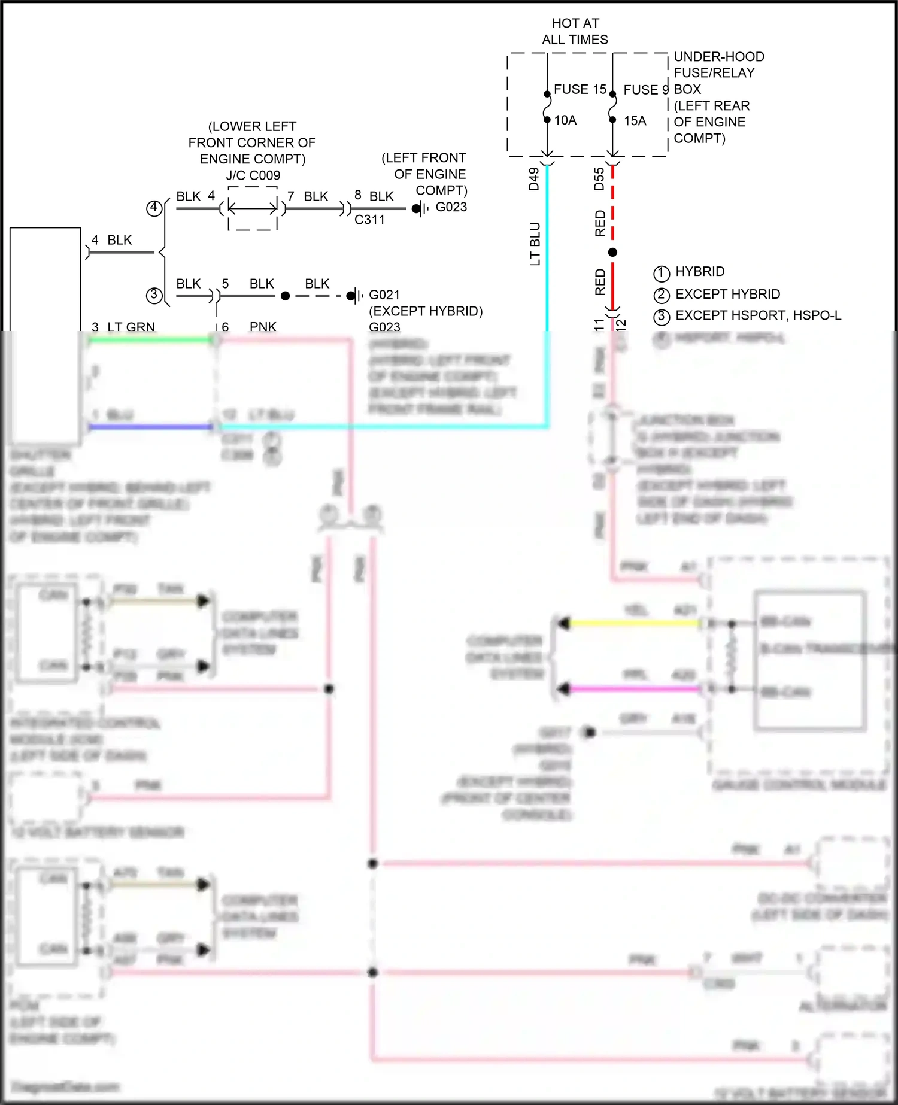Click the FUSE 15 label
click(x=580, y=89)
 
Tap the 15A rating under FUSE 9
click(x=635, y=121)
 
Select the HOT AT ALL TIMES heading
click(x=575, y=31)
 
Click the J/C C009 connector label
click(x=253, y=175)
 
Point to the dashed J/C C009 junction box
click(x=253, y=208)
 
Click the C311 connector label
click(x=369, y=220)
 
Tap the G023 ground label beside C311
click(x=451, y=207)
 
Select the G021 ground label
click(x=384, y=295)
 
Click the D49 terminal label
click(x=534, y=179)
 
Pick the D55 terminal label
click(x=599, y=179)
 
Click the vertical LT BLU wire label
click(x=535, y=244)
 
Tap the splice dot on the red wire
click(x=612, y=253)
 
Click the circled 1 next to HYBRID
click(x=661, y=274)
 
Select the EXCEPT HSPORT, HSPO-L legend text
click(x=758, y=315)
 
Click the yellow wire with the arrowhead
click(x=635, y=623)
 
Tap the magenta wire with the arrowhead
click(x=635, y=689)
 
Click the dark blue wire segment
click(x=150, y=427)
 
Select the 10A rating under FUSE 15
click(x=565, y=120)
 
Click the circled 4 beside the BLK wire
click(x=154, y=208)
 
